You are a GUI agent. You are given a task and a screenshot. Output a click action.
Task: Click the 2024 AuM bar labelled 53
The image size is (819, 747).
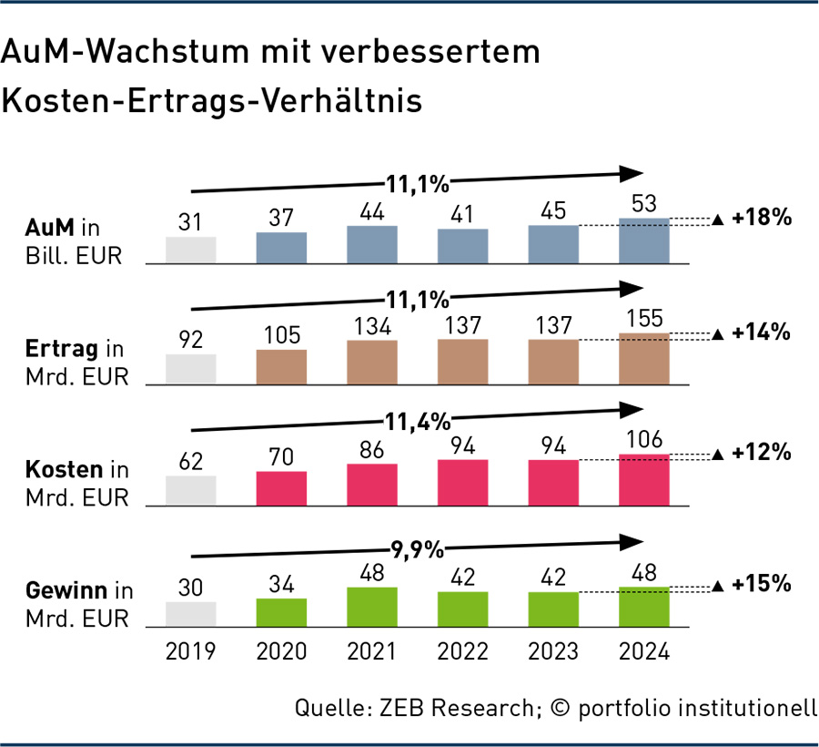[x=643, y=241]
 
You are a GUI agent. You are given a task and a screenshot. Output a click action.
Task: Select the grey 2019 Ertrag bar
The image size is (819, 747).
[x=190, y=369]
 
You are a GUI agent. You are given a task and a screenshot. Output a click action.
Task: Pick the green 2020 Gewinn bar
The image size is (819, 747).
[x=281, y=613]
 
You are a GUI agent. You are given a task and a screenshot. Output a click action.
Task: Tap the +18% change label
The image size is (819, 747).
[x=760, y=219]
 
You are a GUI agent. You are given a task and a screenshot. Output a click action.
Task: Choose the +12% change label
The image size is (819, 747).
[x=760, y=453]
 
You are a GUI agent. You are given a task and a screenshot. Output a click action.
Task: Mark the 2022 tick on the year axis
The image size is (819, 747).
[x=462, y=652]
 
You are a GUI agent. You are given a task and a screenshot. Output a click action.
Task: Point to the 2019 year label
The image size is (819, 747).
[x=190, y=652]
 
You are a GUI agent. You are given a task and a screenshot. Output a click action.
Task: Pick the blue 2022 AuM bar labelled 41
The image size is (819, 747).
[x=462, y=246]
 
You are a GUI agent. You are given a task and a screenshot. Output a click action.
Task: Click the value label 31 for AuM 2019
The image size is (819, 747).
[x=190, y=221]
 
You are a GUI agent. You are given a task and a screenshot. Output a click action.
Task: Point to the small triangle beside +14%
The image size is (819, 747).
[x=717, y=334]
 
